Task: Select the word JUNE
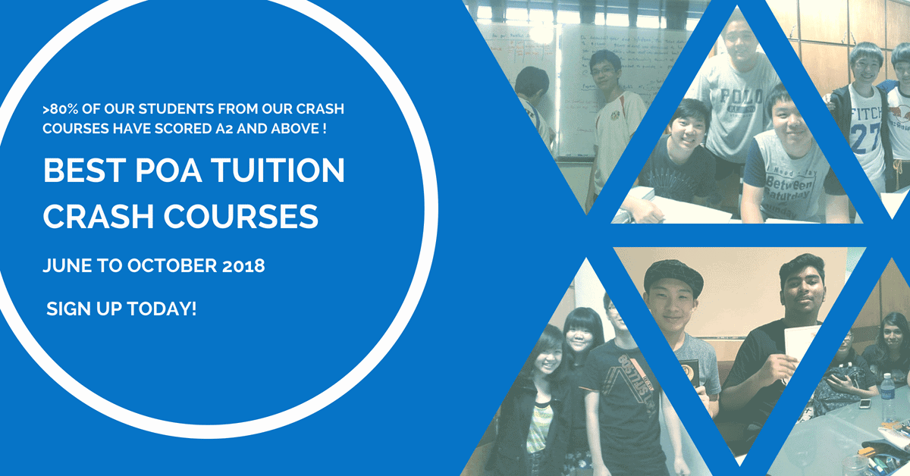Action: (x=67, y=267)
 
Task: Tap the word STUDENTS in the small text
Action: (x=162, y=109)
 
